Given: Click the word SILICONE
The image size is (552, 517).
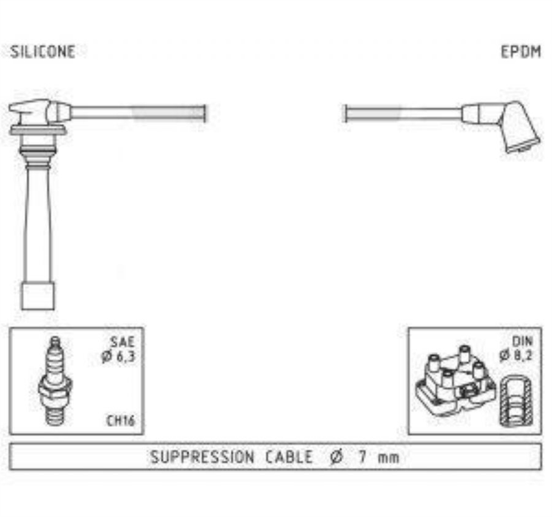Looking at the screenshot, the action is [x=43, y=52].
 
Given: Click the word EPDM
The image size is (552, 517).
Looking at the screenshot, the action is [x=521, y=52].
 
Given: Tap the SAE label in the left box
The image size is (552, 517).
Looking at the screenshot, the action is [x=122, y=342].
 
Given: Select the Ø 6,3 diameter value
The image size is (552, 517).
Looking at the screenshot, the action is [x=118, y=356].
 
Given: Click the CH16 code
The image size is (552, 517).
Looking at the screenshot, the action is [x=120, y=420].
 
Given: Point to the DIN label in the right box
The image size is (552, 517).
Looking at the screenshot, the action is [x=522, y=341].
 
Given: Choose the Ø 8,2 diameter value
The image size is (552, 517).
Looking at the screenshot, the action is [x=516, y=355].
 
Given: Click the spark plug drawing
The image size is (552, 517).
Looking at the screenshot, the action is [x=55, y=381].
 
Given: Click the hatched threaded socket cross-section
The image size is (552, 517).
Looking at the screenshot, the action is [x=516, y=401].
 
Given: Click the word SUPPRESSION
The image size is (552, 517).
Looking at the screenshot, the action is [x=202, y=457].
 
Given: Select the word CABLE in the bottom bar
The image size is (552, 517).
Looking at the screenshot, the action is [x=289, y=457].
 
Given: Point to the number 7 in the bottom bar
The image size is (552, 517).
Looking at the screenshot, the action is [x=362, y=457].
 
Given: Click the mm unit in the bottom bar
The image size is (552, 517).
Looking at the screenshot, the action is [x=389, y=458].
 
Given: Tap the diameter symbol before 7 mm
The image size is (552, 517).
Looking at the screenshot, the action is [x=336, y=457].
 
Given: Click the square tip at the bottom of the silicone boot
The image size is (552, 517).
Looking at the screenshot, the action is [x=38, y=296].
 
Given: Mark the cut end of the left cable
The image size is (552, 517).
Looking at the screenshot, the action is [x=205, y=114].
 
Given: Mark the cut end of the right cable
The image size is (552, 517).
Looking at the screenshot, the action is [x=344, y=114].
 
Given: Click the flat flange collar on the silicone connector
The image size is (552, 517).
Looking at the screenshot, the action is [x=38, y=131].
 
